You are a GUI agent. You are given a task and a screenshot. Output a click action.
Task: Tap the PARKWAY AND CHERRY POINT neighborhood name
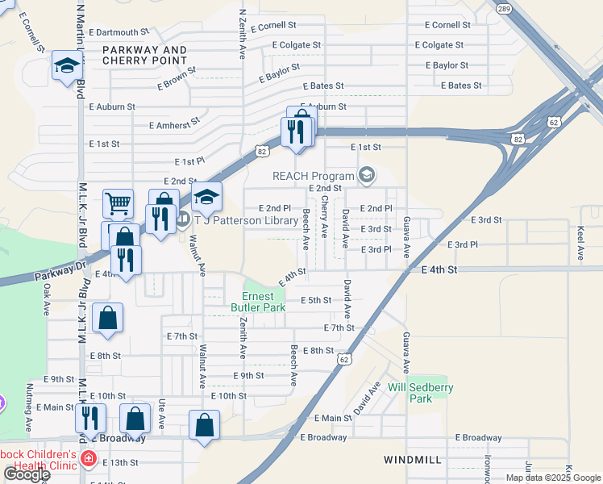145,55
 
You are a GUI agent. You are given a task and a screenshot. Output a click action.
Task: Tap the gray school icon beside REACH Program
367,175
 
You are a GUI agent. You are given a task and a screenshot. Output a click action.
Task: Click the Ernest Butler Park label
258,301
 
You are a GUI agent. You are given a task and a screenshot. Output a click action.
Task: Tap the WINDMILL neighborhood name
412,459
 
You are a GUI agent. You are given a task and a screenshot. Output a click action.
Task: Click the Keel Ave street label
580,243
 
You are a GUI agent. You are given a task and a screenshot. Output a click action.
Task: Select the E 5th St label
316,300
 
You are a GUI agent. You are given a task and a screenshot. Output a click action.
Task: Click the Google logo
27,474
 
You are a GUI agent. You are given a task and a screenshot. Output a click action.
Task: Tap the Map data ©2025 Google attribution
552,478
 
